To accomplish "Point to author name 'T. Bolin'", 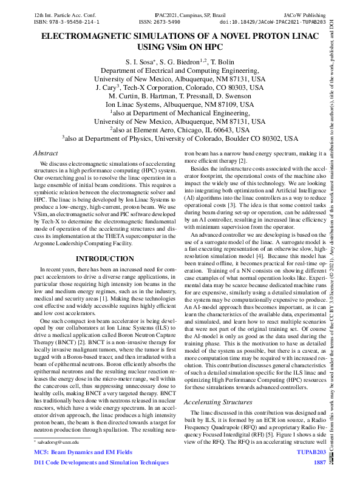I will (222, 62).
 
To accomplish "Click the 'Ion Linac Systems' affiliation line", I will (180, 104).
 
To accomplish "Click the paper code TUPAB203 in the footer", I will (311, 452).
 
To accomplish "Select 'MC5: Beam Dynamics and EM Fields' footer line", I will (83, 452).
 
